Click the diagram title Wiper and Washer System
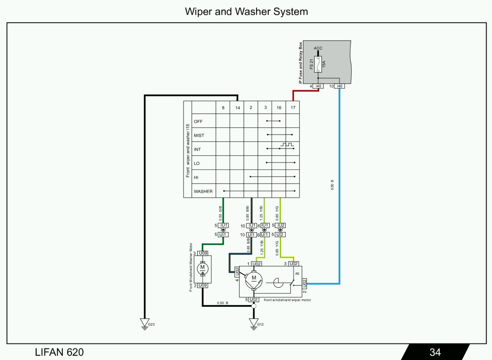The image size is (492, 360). [246, 12]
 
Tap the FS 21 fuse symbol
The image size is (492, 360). [318, 64]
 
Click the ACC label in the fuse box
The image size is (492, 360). [318, 48]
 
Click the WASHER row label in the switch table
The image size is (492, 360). [203, 191]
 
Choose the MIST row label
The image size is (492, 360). [199, 136]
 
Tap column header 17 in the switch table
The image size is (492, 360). [293, 108]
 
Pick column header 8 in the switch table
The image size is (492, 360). [223, 108]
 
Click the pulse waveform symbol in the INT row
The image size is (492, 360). [287, 145]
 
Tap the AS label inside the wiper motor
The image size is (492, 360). [297, 274]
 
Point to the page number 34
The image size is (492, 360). [435, 352]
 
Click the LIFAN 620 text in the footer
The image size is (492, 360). [59, 352]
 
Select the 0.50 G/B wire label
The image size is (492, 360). [220, 213]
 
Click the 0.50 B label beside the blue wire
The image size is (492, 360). [332, 185]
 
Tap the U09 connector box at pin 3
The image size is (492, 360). [203, 253]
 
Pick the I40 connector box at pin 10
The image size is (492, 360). [340, 86]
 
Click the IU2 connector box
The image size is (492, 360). [281, 225]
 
